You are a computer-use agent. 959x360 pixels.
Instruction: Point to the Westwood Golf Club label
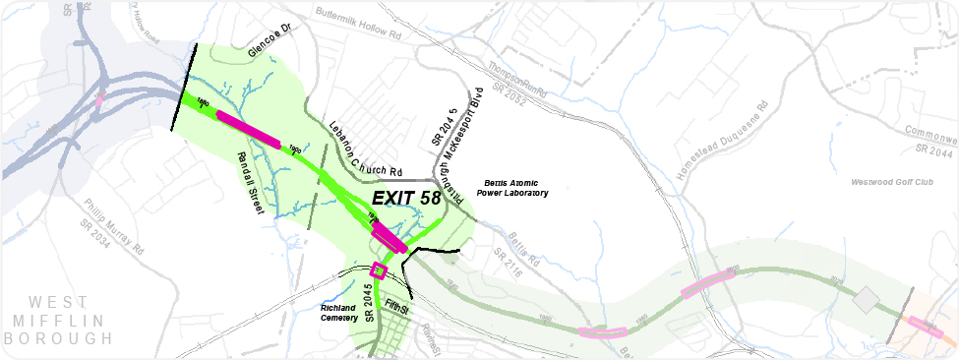coord(891,183)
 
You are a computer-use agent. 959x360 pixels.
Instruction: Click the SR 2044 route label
coord(934,150)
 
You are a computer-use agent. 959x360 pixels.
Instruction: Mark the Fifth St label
coord(397,307)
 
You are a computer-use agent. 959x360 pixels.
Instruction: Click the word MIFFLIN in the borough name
coord(57,321)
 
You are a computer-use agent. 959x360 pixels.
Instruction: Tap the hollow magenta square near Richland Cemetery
coord(380,271)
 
